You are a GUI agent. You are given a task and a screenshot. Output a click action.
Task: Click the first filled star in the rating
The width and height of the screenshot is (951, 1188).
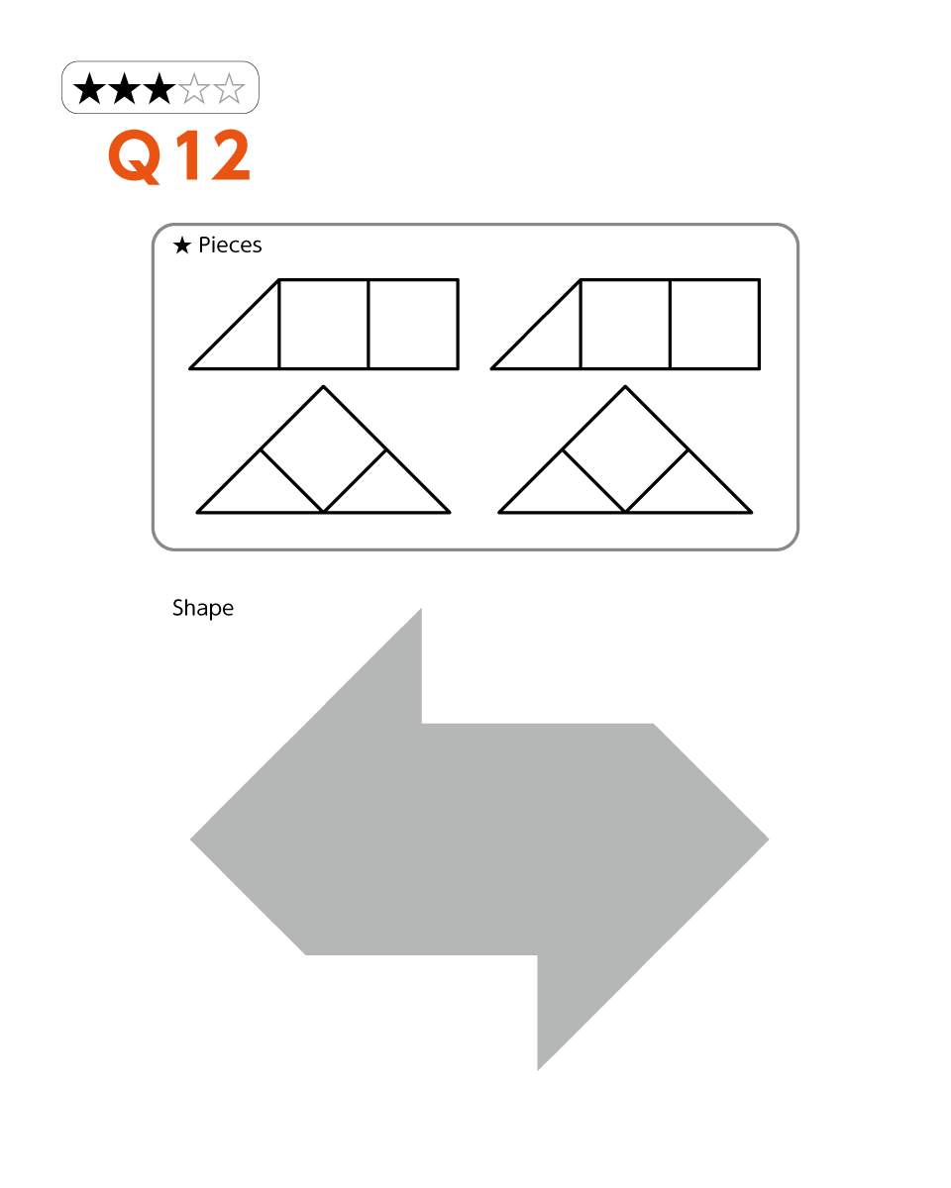89,89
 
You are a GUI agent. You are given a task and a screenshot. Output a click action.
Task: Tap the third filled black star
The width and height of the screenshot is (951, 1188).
159,89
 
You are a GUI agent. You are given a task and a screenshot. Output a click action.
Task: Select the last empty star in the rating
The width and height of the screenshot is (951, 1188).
229,89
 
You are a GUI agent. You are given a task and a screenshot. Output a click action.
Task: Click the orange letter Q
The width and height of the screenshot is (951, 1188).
135,156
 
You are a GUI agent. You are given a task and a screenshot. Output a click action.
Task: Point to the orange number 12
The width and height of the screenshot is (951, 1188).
213,155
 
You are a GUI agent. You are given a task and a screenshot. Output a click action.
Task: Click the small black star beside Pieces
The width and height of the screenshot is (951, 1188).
182,246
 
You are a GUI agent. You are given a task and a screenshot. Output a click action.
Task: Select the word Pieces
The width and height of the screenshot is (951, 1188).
230,246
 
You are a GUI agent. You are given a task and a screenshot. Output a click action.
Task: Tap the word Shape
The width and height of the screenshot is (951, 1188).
203,608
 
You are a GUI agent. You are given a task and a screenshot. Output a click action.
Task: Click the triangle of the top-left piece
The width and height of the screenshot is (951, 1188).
249,339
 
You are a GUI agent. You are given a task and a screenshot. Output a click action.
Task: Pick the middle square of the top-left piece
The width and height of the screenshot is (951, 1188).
324,324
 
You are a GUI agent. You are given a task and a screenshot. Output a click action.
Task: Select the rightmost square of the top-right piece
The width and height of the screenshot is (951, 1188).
714,324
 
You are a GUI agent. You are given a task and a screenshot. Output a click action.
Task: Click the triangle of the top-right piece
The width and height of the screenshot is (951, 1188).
551,339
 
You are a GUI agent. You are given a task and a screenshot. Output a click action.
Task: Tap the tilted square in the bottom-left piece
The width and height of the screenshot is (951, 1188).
323,449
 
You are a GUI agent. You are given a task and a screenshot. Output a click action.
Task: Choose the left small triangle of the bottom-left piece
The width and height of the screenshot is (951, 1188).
260,491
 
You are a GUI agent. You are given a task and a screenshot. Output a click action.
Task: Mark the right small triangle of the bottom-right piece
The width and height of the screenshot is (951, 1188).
688,491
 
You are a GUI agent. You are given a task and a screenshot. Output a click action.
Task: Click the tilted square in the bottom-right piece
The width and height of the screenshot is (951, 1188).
625,449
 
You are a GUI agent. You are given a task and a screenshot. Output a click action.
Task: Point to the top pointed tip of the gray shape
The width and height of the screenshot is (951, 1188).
421,609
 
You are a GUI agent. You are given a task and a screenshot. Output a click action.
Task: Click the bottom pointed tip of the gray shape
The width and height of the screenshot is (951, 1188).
538,1070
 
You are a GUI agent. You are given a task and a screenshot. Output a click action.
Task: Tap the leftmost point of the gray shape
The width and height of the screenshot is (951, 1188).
190,840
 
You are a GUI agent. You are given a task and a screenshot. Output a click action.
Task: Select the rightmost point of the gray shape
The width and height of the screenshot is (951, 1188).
768,840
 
